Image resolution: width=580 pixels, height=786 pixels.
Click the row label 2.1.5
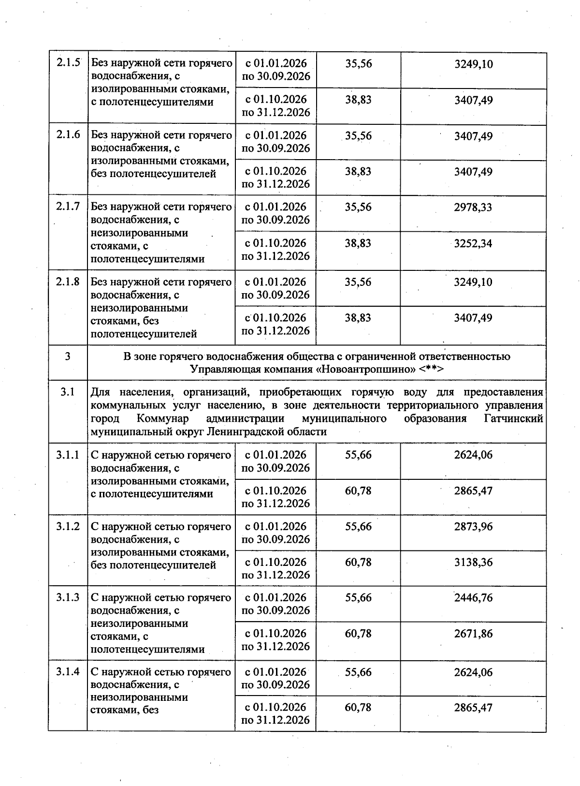[68, 63]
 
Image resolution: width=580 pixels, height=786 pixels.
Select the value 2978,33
[473, 208]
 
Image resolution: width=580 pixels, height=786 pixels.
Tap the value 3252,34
[473, 243]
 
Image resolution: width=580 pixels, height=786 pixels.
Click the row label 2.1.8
[68, 282]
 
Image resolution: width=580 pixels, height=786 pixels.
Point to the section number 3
[67, 356]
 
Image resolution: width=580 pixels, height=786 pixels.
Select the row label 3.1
[68, 392]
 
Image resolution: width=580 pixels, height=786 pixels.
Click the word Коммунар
[163, 418]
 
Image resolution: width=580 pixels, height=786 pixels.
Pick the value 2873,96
[473, 527]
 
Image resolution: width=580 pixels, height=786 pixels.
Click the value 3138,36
[473, 562]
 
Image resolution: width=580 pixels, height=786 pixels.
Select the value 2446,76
[473, 598]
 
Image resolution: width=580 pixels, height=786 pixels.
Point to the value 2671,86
[473, 634]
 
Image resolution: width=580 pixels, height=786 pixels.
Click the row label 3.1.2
[68, 526]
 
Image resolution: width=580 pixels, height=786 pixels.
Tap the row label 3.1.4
[68, 672]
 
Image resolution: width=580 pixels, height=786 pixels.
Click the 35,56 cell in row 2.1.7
[358, 207]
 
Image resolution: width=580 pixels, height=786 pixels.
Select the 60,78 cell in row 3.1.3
[358, 633]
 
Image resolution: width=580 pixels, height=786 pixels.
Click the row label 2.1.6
[68, 135]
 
